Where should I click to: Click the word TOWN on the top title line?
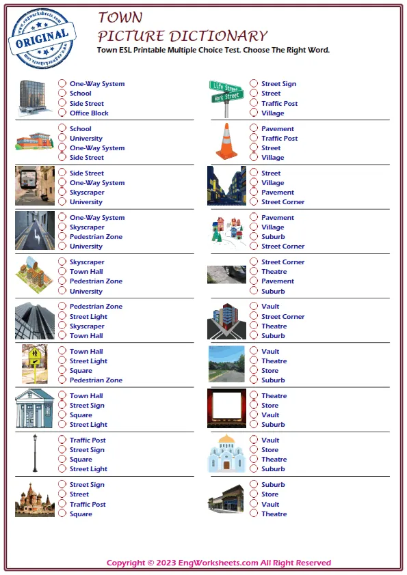click(x=120, y=18)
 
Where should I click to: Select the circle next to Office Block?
click(x=62, y=113)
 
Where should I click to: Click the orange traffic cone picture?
click(x=226, y=141)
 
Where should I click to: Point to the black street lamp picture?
click(x=35, y=453)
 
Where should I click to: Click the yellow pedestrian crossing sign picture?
click(x=35, y=365)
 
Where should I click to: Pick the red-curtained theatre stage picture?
click(x=226, y=408)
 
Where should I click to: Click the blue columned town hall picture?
click(x=35, y=408)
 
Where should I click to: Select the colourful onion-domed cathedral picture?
click(x=35, y=499)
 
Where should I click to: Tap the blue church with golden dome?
click(x=226, y=453)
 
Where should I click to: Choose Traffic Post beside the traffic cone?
click(x=254, y=139)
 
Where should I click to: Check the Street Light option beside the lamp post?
click(x=62, y=469)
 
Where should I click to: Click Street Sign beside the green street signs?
click(x=254, y=84)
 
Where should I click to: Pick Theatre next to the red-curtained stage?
click(x=254, y=396)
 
